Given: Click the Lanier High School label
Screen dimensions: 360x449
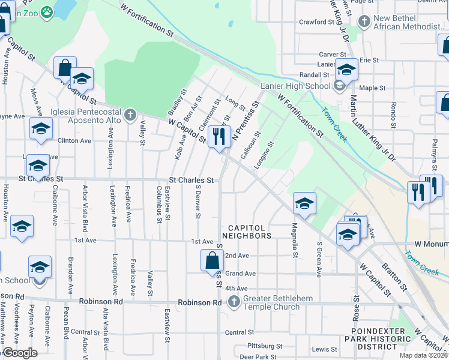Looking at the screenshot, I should (295, 86).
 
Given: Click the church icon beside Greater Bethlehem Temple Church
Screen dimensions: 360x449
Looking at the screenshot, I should (234, 302).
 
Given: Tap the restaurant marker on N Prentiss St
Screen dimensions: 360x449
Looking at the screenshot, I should (219, 136).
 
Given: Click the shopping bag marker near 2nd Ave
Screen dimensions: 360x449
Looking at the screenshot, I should (212, 261).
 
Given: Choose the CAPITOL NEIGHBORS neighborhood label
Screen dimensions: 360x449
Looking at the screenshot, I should (250, 232).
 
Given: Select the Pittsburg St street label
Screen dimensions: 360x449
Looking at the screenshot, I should (264, 346).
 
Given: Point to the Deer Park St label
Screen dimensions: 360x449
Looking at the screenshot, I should (258, 356).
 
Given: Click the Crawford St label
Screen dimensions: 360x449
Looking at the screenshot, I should (316, 22).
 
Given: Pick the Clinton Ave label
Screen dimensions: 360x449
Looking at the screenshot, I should (74, 140).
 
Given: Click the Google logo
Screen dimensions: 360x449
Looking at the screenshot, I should (20, 353).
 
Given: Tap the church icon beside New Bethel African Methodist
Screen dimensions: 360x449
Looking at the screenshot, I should (364, 22).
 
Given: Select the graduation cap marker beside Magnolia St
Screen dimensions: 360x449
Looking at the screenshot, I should (304, 203).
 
